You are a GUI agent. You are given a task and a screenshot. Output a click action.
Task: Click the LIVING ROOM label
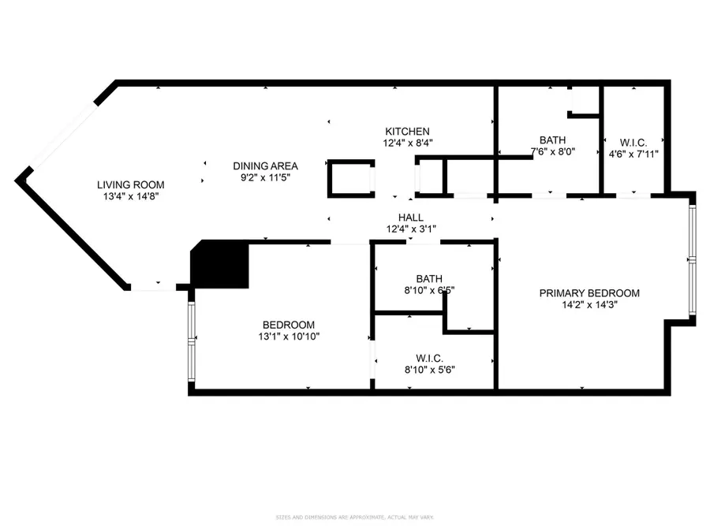(131, 184)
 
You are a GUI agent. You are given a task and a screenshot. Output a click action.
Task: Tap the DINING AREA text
(265, 166)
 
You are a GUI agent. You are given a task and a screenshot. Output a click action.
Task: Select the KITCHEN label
(407, 131)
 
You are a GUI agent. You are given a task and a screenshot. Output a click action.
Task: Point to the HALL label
(410, 218)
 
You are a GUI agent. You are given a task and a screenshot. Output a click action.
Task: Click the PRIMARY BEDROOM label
(589, 293)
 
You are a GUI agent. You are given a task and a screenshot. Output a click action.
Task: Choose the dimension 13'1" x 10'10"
(289, 336)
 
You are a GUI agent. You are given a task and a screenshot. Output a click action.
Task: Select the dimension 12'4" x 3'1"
(410, 229)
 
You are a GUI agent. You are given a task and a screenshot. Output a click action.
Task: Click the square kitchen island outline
(350, 179)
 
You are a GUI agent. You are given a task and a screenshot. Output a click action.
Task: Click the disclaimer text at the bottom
(354, 518)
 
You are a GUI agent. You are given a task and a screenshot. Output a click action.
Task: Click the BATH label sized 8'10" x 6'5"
(429, 278)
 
